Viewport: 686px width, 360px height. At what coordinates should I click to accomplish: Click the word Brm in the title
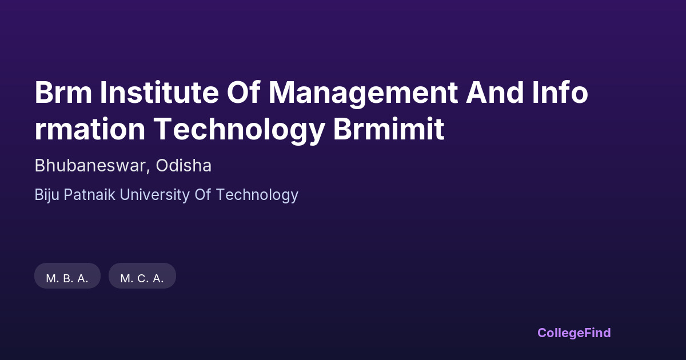click(63, 93)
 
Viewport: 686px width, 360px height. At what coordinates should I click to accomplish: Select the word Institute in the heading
click(159, 93)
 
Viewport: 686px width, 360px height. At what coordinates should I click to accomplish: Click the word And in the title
click(495, 93)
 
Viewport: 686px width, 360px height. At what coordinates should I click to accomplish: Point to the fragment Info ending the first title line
click(560, 92)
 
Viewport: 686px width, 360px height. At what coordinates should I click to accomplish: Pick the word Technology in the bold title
click(239, 131)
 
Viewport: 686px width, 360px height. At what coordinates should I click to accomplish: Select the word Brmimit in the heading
click(389, 129)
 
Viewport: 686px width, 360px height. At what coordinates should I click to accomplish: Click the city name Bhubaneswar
click(90, 165)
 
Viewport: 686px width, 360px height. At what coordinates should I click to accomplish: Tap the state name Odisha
click(184, 165)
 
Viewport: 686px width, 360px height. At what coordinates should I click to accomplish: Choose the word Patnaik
click(89, 195)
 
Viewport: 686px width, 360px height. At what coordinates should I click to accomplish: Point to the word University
click(155, 195)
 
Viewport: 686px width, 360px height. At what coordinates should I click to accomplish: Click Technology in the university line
click(257, 195)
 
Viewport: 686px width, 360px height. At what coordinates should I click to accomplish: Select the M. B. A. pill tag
click(67, 276)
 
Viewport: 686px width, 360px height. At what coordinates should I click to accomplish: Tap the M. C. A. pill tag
click(142, 276)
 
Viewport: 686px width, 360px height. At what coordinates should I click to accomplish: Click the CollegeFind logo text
click(574, 333)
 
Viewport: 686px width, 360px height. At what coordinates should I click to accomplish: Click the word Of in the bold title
click(244, 92)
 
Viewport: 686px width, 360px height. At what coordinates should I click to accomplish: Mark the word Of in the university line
click(203, 195)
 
